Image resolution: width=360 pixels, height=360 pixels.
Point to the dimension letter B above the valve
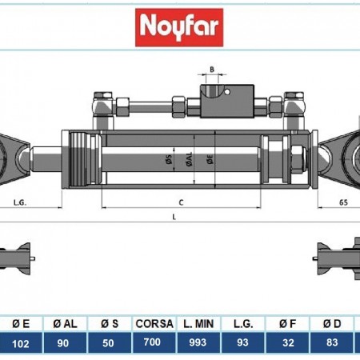(x=212, y=70)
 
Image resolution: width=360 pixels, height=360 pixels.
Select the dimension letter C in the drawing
(x=181, y=202)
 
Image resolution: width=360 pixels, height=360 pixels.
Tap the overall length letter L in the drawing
(x=175, y=218)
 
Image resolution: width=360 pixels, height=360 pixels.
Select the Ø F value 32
(x=286, y=342)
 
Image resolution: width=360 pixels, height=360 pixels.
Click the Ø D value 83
(x=330, y=342)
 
